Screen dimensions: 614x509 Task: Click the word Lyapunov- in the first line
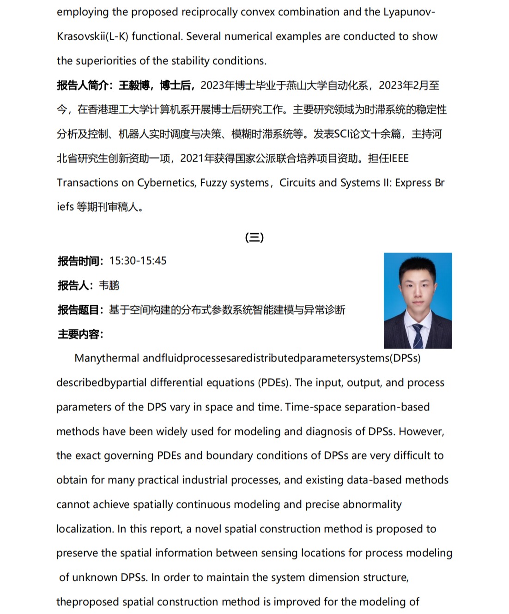tap(409, 12)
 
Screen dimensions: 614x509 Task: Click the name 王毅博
tap(134, 85)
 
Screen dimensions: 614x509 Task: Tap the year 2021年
tap(197, 158)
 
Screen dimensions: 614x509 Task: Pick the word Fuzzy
tap(214, 183)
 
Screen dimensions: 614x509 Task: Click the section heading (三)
tap(254, 237)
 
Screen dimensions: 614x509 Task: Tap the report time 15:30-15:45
tap(138, 261)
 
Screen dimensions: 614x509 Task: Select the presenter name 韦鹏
tap(109, 285)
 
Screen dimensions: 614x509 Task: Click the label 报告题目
tap(79, 310)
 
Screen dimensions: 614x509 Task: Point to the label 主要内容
tap(79, 334)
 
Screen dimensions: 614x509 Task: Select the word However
tap(421, 432)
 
